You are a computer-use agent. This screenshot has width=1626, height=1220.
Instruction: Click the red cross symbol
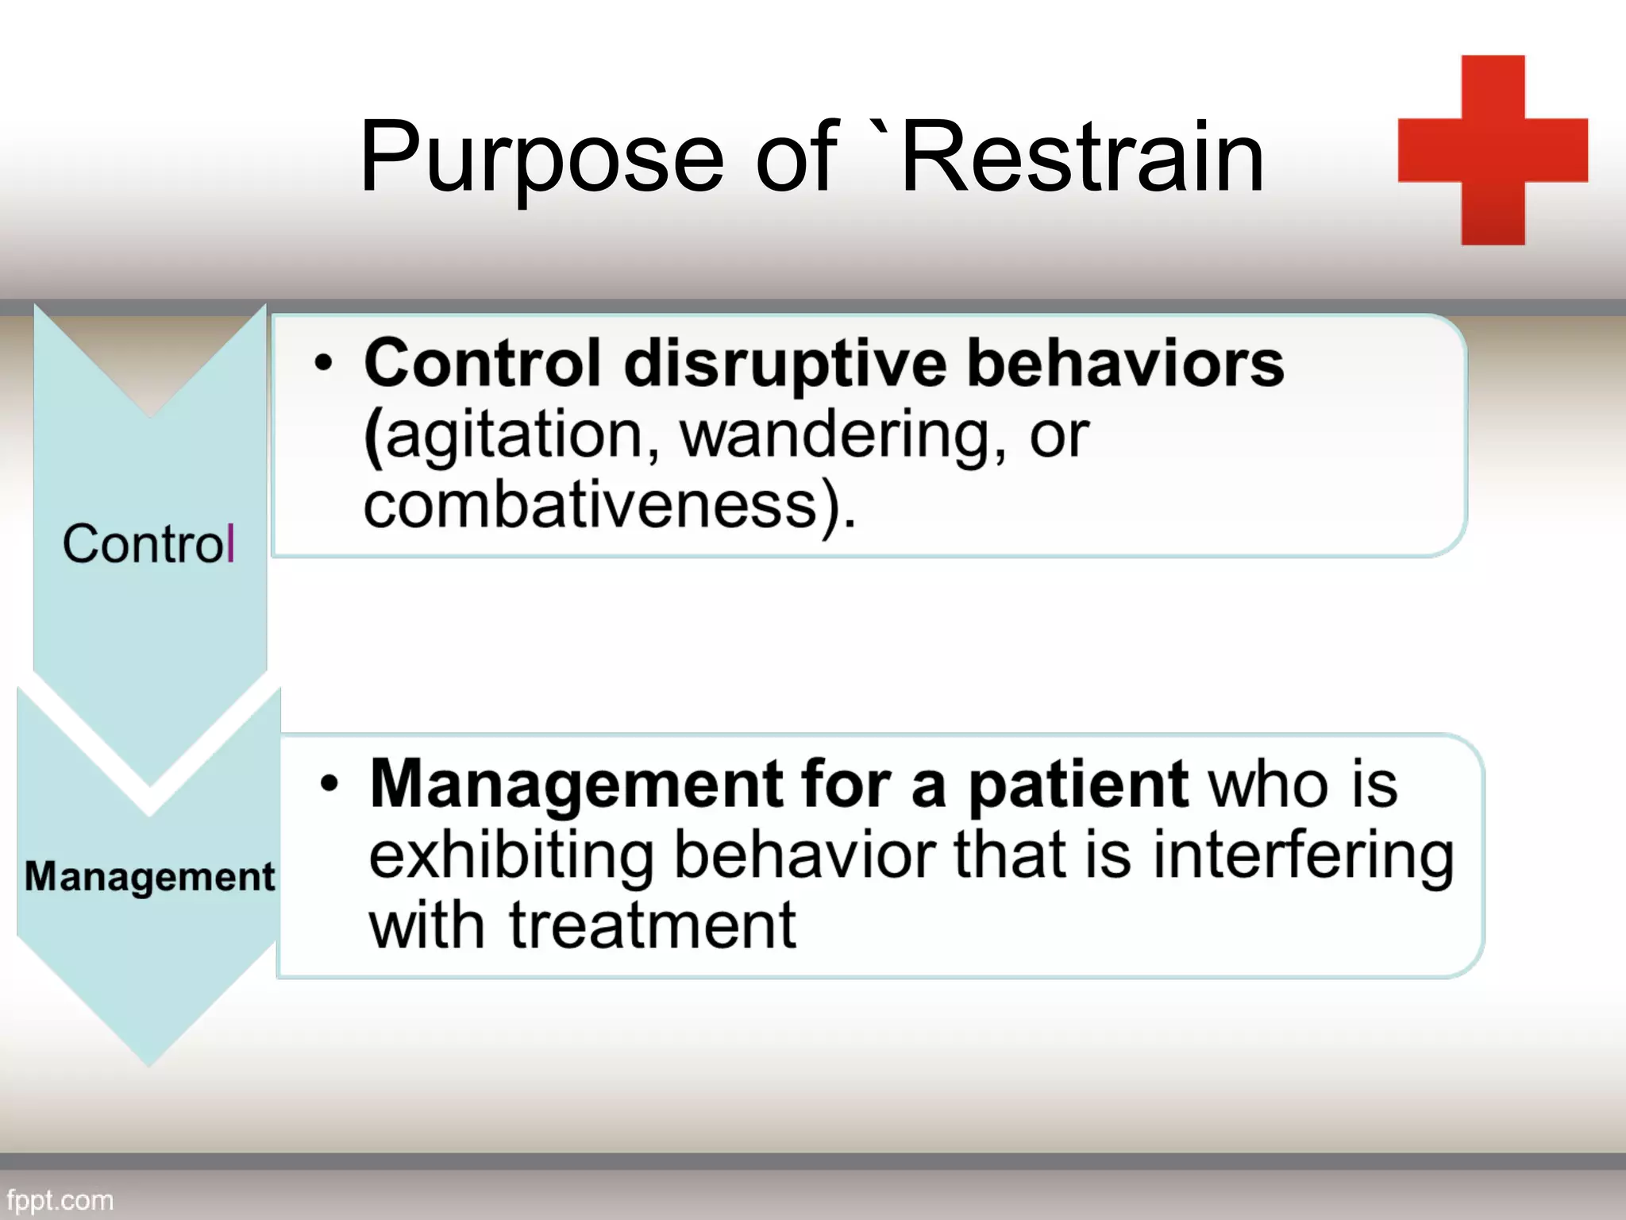pyautogui.click(x=1493, y=150)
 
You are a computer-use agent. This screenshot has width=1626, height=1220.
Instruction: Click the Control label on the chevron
pyautogui.click(x=148, y=545)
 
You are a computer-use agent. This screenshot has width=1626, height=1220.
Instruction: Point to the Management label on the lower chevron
pyautogui.click(x=149, y=877)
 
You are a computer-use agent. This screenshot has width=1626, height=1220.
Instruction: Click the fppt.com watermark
pyautogui.click(x=60, y=1200)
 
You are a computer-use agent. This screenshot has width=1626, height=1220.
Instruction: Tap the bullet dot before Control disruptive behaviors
pyautogui.click(x=322, y=364)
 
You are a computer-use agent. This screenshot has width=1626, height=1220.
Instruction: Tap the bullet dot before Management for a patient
pyautogui.click(x=329, y=785)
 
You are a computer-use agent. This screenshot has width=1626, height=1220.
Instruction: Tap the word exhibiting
pyautogui.click(x=511, y=856)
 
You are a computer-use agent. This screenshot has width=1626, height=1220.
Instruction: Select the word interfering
pyautogui.click(x=1302, y=856)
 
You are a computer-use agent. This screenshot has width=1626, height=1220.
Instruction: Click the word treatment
pyautogui.click(x=653, y=927)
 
